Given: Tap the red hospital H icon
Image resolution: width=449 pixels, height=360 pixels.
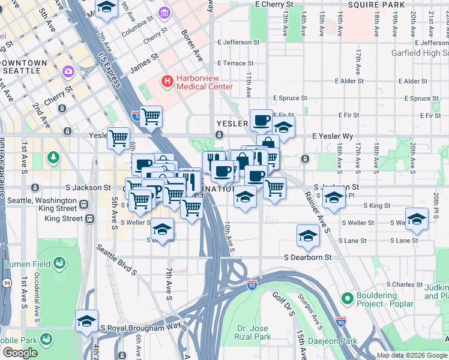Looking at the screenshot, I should point(167,80).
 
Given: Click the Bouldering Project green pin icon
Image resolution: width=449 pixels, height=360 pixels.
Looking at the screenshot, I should point(346,298).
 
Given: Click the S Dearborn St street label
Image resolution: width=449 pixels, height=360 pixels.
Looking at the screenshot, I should point(307,257).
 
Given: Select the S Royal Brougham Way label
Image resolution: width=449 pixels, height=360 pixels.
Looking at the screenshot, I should point(140,328).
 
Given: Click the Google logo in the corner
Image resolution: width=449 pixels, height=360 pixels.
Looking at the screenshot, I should point(20,353).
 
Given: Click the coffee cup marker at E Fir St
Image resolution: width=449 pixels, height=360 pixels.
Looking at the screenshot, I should point(261,120).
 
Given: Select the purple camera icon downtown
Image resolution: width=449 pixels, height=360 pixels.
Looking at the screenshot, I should point(68,72).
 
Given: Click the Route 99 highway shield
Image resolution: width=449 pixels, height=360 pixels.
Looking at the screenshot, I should point(7,282).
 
